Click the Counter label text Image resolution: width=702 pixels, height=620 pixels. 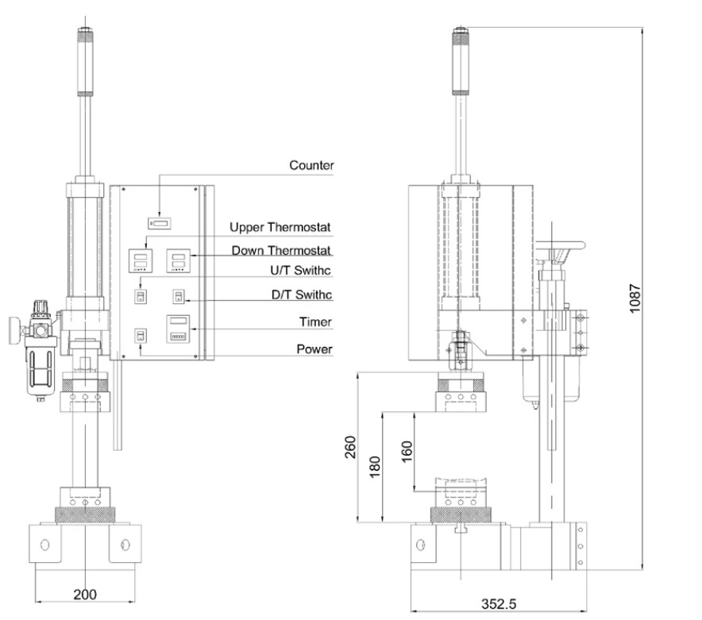[x=311, y=166]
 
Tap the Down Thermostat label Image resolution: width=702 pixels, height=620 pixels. [x=282, y=251]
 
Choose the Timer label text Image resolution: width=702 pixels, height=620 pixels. [x=314, y=322]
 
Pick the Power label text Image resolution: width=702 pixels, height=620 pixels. [x=314, y=349]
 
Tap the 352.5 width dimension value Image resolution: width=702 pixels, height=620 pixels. [x=501, y=603]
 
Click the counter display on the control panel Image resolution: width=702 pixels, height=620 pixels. [x=159, y=223]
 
